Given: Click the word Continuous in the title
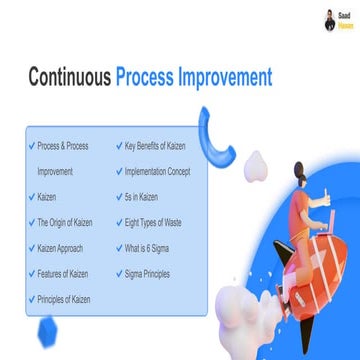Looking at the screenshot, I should coord(69,77).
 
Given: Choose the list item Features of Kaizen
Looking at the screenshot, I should coord(63,273).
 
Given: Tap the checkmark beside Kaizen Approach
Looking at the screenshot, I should coord(31,246).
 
